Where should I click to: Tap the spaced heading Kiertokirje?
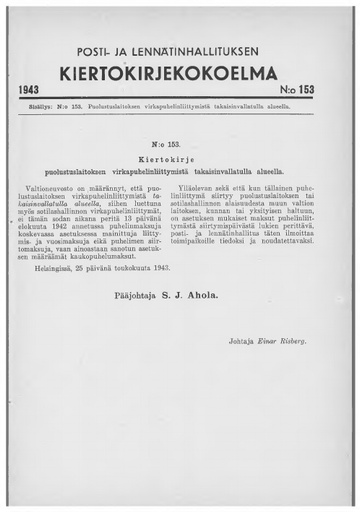click(x=179, y=157)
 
